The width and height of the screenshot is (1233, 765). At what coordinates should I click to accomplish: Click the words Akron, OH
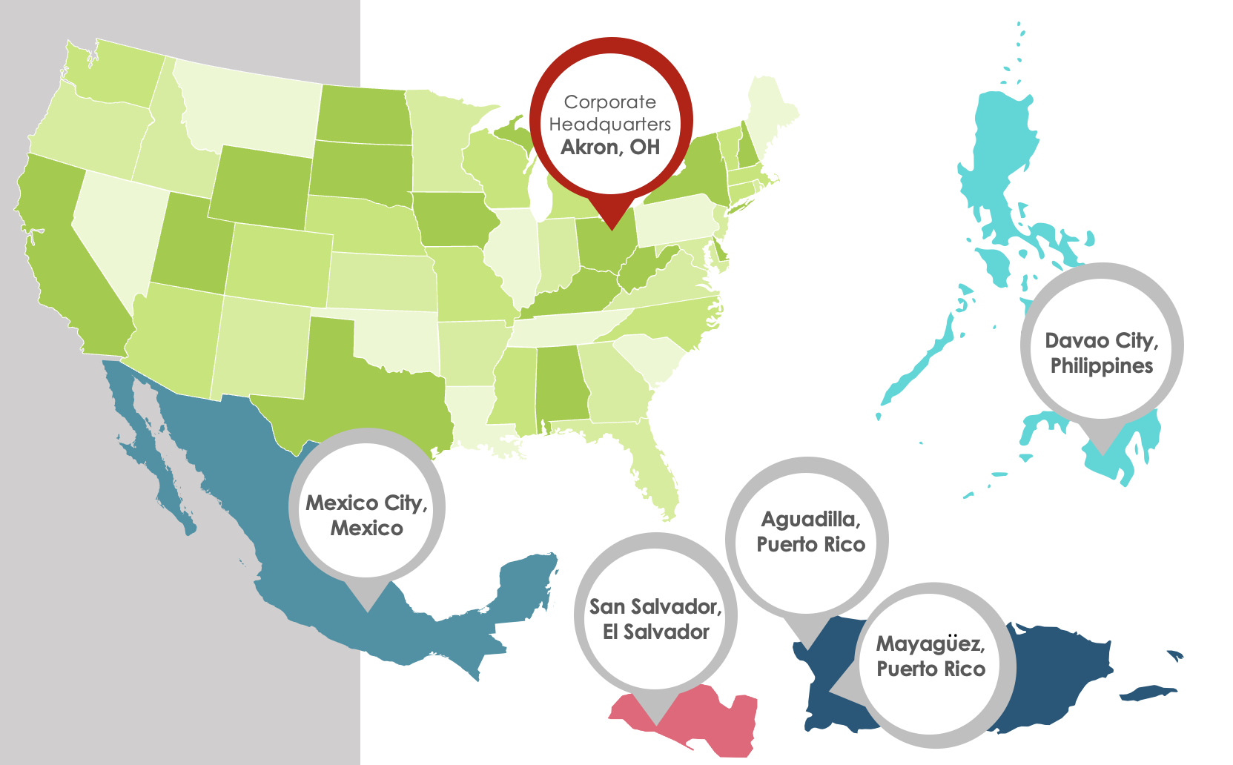click(610, 147)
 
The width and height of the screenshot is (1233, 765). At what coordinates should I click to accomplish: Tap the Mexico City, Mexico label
click(366, 515)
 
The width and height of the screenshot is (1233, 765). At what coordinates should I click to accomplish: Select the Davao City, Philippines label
click(1102, 353)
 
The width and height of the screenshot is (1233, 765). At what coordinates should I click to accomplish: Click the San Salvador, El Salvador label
click(655, 619)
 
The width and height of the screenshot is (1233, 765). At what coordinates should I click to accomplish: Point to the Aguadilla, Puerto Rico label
click(810, 531)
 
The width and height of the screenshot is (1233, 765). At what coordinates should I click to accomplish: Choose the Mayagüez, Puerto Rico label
click(930, 656)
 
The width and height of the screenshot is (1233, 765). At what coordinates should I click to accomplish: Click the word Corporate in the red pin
click(610, 102)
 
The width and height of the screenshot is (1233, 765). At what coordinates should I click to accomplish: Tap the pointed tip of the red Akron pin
click(612, 226)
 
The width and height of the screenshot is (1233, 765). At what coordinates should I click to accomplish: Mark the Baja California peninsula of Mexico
click(148, 445)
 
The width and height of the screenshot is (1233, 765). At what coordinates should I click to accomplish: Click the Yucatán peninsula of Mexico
click(526, 586)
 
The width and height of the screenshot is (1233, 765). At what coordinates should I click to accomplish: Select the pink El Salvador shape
click(712, 723)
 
